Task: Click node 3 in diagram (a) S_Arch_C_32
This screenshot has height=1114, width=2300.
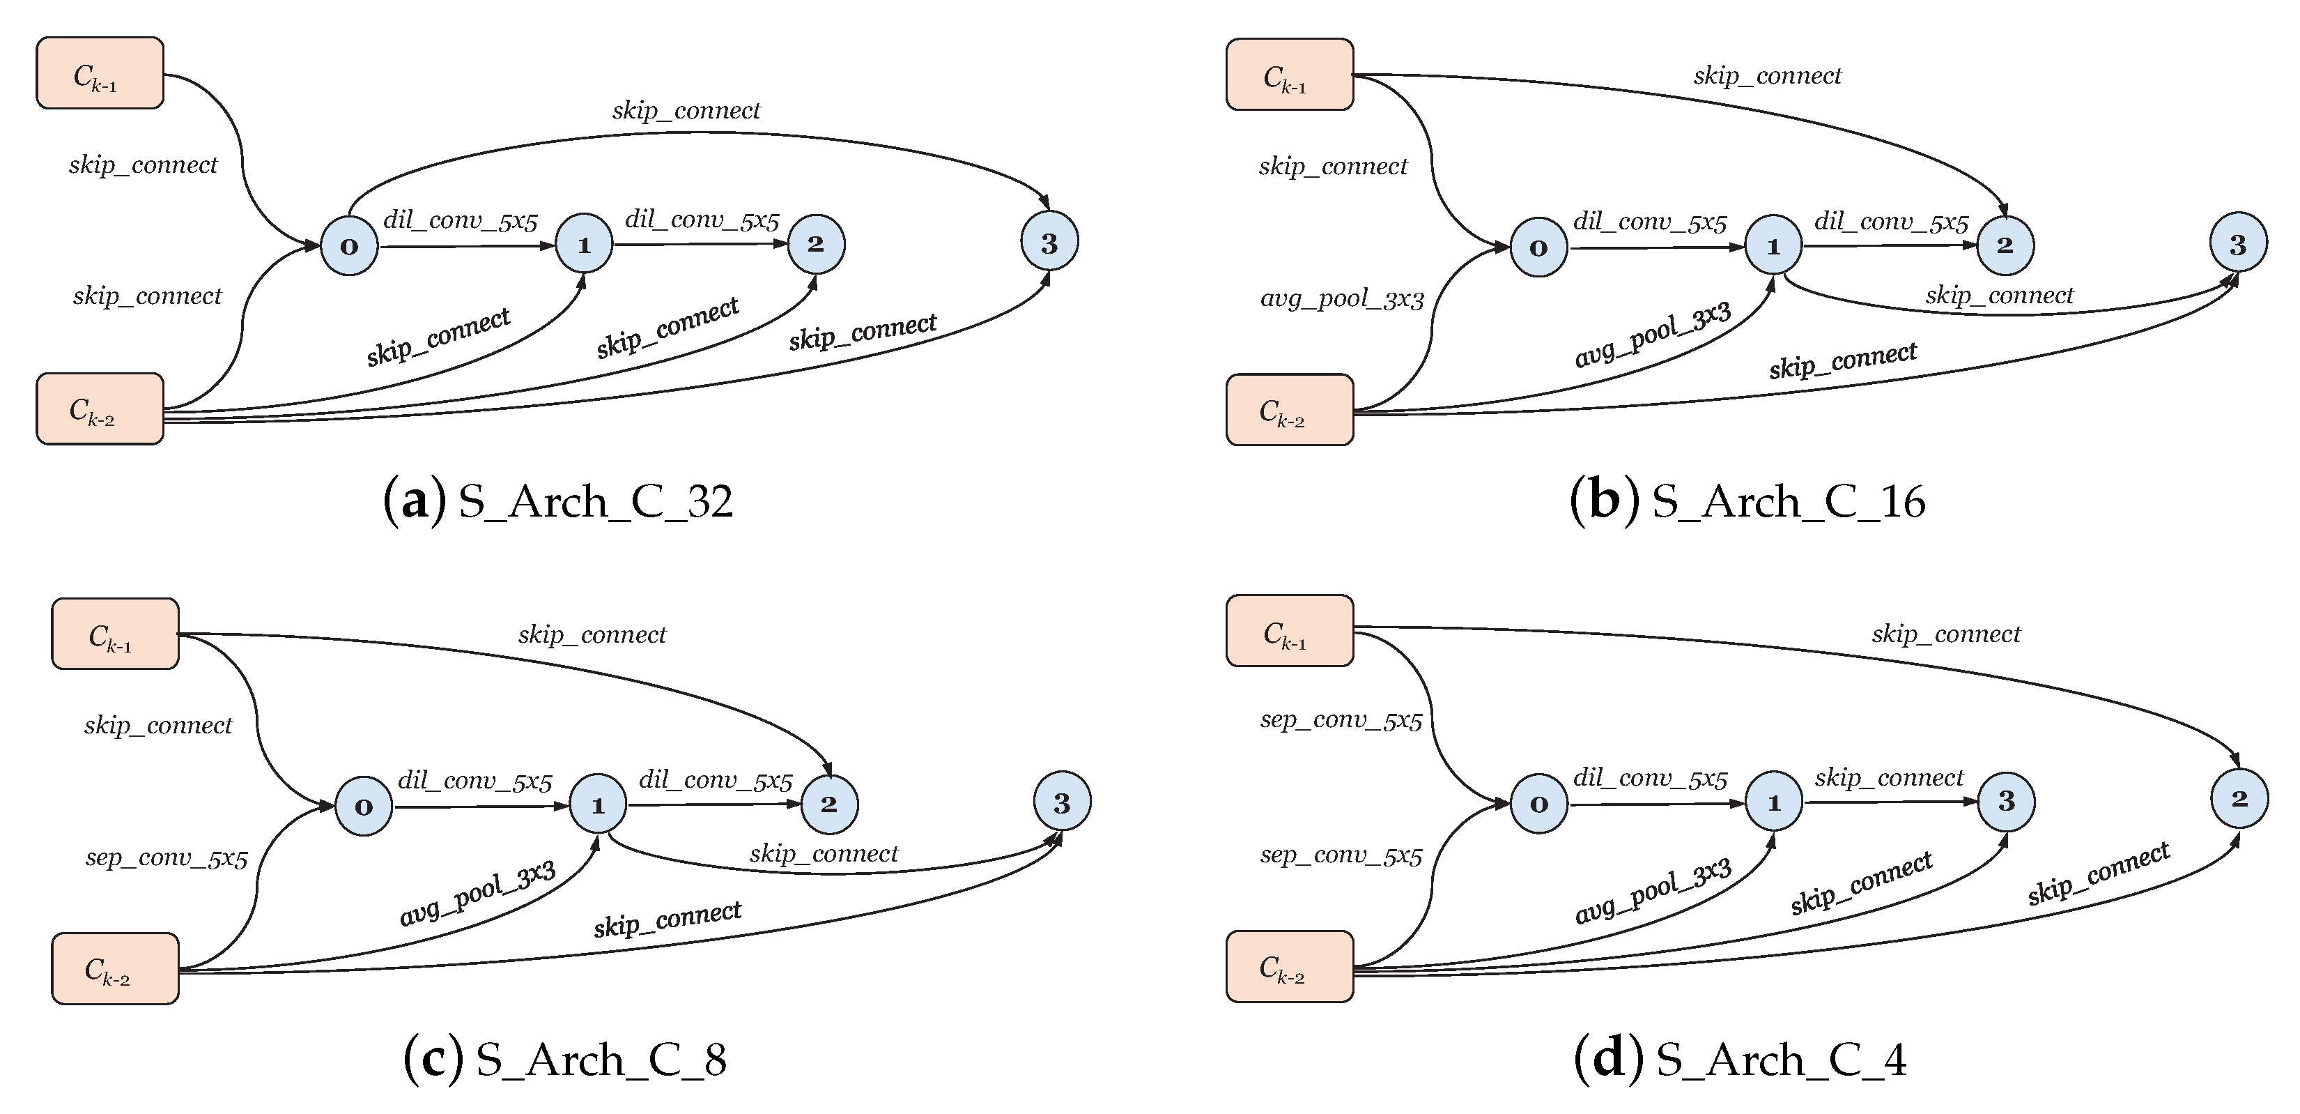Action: point(1049,242)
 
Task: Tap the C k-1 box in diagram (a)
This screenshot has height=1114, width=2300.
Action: point(100,73)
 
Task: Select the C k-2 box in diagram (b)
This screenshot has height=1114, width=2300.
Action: point(1289,410)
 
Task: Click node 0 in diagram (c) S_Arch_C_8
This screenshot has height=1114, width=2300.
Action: point(364,807)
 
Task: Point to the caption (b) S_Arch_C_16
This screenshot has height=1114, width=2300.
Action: point(1747,501)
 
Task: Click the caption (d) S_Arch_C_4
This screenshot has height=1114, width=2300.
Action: point(1739,1060)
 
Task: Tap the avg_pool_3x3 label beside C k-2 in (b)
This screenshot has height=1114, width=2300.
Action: point(1341,298)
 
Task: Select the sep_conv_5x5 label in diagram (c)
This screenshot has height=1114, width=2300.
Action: point(166,857)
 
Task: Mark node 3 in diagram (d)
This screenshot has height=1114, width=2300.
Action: point(2006,801)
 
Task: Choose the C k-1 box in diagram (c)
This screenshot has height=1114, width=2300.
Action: point(115,634)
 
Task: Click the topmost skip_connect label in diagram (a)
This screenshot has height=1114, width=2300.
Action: point(686,110)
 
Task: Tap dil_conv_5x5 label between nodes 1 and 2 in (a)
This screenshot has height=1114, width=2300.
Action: point(702,220)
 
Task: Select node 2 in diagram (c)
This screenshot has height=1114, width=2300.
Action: point(829,804)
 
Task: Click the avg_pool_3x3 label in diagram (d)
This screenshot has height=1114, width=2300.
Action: point(1653,891)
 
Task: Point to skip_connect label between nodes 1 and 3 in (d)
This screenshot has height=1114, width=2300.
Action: point(1888,777)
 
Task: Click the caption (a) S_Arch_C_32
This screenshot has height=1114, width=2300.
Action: point(558,501)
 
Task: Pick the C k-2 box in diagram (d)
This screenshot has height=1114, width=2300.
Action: point(1289,967)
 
